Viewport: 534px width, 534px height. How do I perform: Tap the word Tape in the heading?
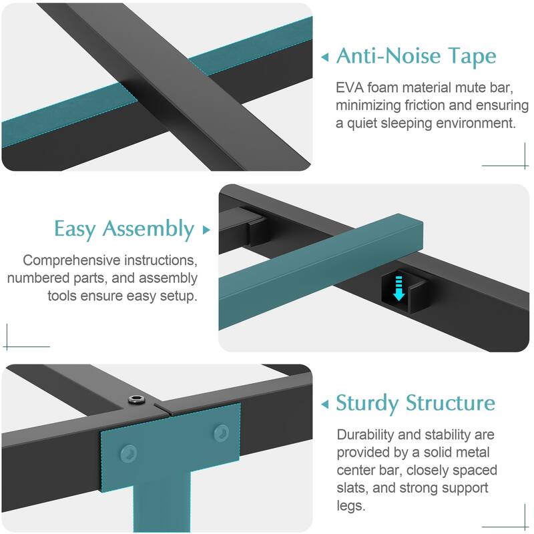point(471,57)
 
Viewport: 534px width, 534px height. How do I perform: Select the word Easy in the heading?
point(75,229)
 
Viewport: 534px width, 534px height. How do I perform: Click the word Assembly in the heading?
point(148,230)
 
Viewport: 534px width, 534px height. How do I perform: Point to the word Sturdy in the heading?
point(369,403)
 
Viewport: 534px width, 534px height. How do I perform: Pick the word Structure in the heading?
point(453,403)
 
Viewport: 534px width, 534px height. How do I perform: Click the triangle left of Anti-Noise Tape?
point(325,57)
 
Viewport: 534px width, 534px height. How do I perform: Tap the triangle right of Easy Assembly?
point(206,230)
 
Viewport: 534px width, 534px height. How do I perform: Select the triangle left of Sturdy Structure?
point(325,404)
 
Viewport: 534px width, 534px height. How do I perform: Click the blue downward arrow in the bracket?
point(398,288)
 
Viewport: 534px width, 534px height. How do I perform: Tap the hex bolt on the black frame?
point(137,399)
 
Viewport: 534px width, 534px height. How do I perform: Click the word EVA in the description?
point(351,88)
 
